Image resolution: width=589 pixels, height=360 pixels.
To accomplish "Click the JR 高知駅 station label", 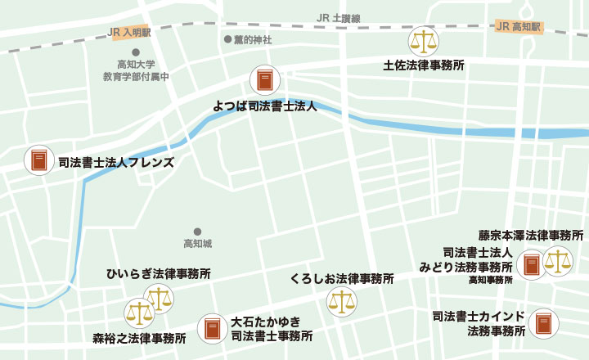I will (519, 27).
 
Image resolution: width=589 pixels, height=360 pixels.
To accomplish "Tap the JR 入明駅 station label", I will (130, 34).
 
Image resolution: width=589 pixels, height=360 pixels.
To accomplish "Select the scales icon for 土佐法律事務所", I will (423, 41).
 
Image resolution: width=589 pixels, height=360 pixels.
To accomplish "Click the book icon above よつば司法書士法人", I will (264, 80).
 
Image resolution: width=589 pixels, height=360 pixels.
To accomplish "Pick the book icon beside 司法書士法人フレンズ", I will (38, 160).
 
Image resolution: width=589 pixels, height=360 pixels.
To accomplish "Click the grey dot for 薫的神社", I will (227, 39).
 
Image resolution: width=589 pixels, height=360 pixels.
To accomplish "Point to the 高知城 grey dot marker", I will (197, 232).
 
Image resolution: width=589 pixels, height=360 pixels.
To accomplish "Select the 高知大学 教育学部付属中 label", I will (136, 70).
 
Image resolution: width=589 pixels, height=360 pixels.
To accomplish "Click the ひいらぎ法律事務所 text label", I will (159, 274).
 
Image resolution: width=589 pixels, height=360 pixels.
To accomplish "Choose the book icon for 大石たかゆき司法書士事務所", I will (213, 328).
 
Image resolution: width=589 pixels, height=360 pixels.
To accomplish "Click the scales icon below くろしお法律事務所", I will (342, 302).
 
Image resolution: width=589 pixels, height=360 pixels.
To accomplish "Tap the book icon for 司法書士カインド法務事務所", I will (542, 324).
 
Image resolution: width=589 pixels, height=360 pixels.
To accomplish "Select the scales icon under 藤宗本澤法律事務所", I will (558, 262).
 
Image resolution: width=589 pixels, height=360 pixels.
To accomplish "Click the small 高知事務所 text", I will (490, 280).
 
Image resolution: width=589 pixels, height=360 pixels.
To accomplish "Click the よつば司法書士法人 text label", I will (264, 106).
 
